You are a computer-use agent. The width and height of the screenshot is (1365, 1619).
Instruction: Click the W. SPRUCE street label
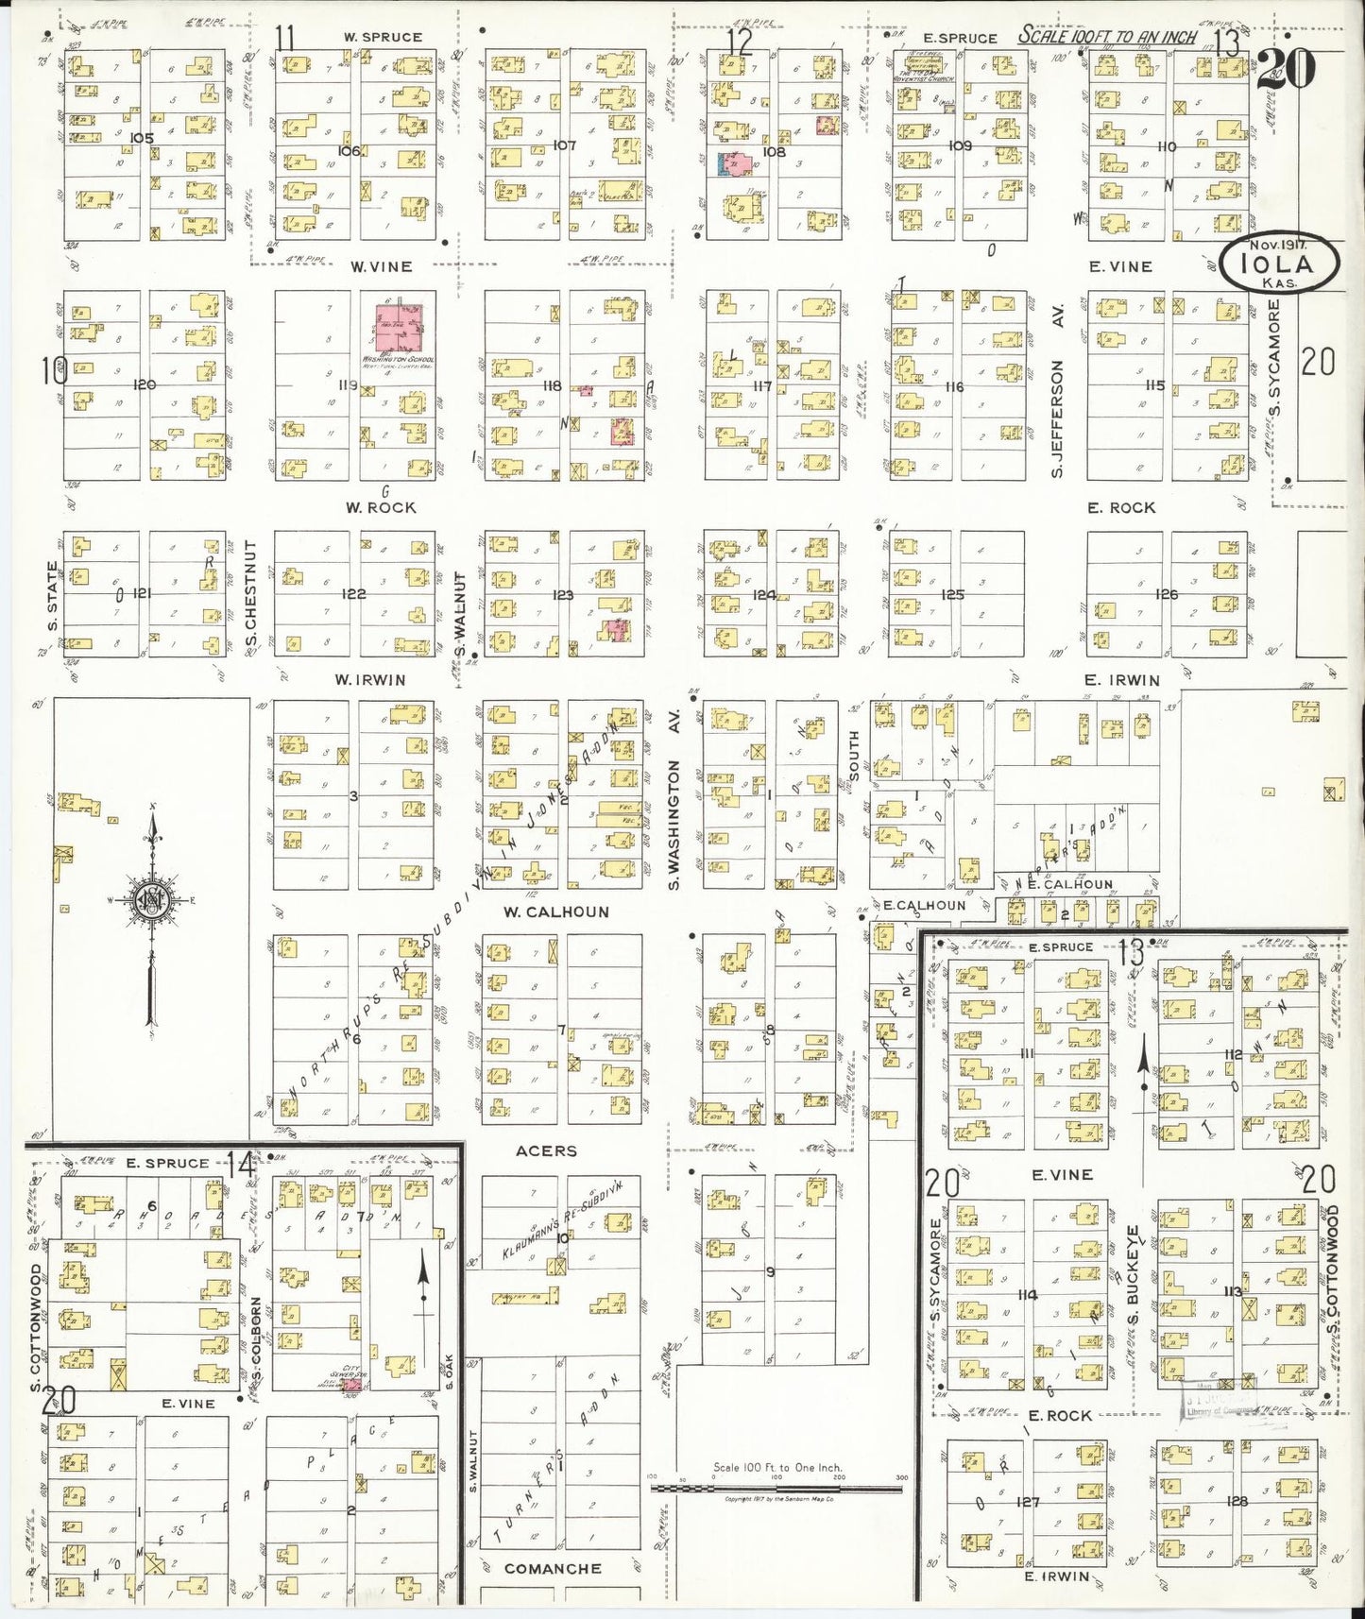[383, 37]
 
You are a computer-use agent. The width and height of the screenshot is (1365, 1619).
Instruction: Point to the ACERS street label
[546, 1150]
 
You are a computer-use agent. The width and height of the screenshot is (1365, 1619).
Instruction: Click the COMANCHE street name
[553, 1569]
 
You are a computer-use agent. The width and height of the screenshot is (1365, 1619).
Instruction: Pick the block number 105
[141, 138]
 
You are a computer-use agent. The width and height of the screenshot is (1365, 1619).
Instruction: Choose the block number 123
[563, 595]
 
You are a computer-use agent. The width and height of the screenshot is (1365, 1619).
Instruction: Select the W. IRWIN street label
[369, 680]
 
